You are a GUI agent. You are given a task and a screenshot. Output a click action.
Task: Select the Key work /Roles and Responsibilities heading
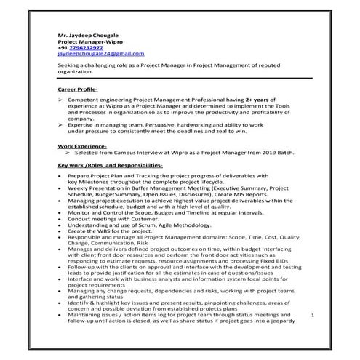pos(109,166)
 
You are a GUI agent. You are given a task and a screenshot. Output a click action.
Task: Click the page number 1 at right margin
pos(311,315)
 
